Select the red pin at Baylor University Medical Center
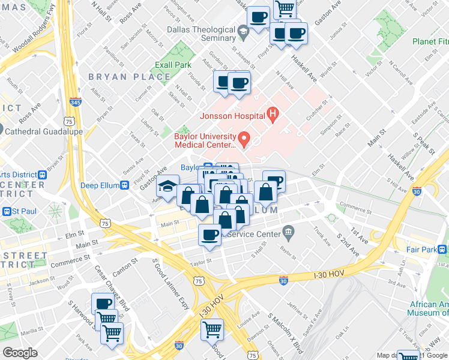244,140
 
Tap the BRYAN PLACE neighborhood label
129,77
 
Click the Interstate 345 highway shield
76,102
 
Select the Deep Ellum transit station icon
124,185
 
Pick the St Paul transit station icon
7,211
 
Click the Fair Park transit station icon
442,249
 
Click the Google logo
20,352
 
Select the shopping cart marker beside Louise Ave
212,329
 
